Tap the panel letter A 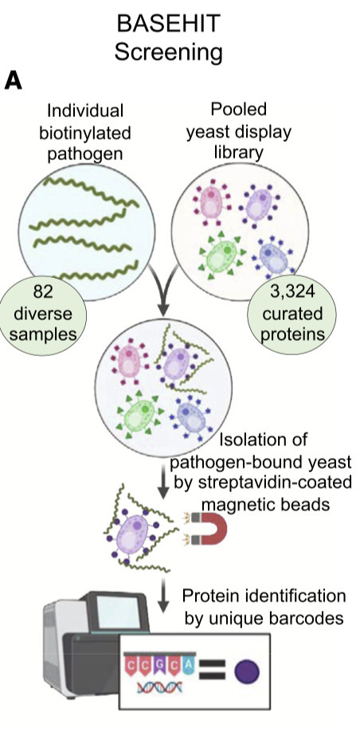(x=14, y=80)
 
